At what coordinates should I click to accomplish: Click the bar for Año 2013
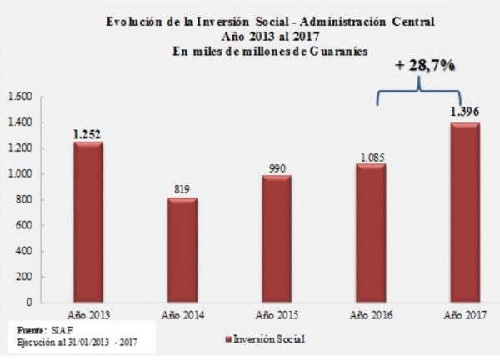(x=87, y=222)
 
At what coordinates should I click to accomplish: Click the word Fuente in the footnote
(x=31, y=330)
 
